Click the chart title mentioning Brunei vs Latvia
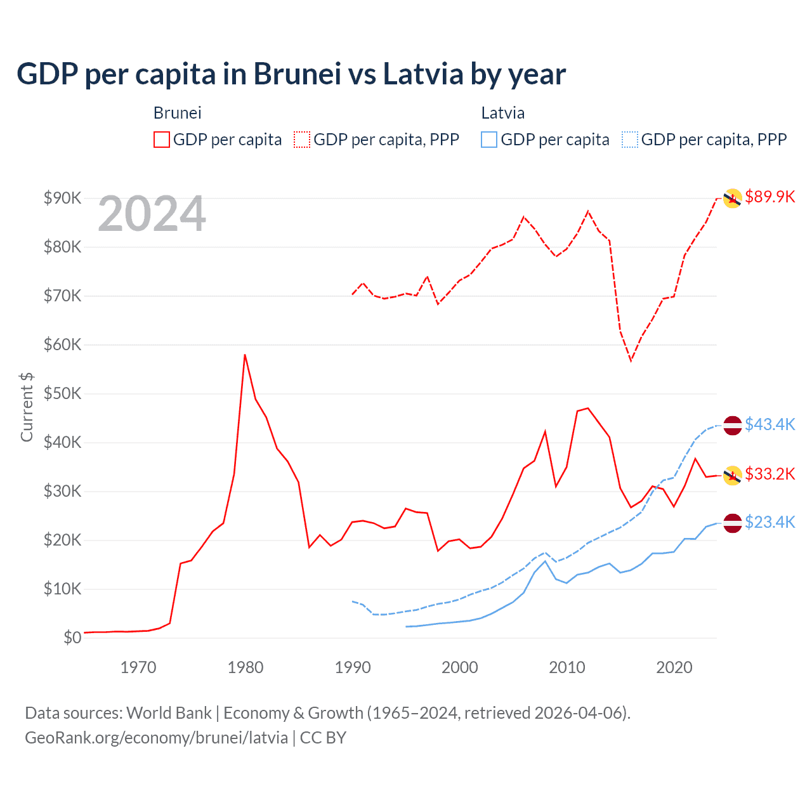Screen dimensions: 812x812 [291, 74]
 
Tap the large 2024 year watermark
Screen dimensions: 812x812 [152, 214]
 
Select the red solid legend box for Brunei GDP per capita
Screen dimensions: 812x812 [162, 140]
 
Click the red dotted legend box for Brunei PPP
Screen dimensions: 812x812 [302, 140]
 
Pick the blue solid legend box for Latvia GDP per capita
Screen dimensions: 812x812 [489, 140]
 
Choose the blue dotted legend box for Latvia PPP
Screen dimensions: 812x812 [630, 140]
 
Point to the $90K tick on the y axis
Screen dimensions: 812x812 [62, 198]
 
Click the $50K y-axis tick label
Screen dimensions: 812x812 [62, 393]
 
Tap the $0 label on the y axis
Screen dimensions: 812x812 [72, 638]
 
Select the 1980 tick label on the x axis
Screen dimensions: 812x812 [246, 667]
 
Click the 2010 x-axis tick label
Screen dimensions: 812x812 [567, 667]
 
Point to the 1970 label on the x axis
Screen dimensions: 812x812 [138, 667]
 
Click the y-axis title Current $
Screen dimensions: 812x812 [27, 407]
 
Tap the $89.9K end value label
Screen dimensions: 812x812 [769, 197]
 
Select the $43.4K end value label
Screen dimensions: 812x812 [769, 424]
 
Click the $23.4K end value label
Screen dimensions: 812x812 [769, 522]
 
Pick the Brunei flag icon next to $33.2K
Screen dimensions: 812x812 [733, 475]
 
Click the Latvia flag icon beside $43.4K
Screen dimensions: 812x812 [733, 425]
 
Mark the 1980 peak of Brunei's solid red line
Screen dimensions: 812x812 [245, 355]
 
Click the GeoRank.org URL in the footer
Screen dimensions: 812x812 [156, 738]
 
